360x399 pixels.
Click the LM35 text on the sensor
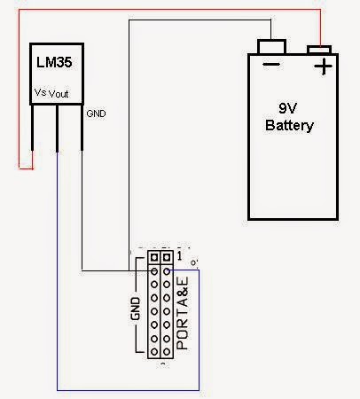(x=52, y=64)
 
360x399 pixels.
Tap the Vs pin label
(x=40, y=91)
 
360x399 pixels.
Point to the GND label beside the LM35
(x=96, y=114)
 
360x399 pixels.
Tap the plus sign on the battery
(x=323, y=66)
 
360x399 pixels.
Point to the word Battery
(x=290, y=126)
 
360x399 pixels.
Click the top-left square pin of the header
(x=154, y=258)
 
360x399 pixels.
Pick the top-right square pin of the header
(x=166, y=258)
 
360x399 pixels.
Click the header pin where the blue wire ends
(x=166, y=271)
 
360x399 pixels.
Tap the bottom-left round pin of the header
(x=154, y=349)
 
